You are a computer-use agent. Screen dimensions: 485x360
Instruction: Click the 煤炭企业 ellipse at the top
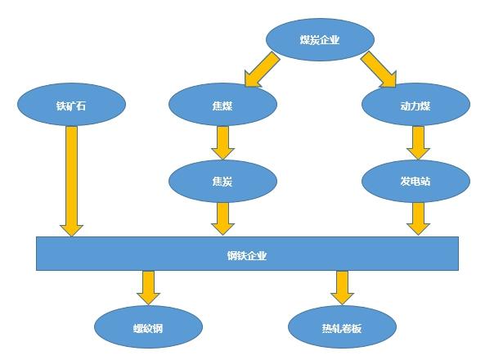320,39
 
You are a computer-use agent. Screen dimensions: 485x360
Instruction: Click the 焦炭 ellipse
222,181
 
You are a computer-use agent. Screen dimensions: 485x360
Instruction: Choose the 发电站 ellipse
415,181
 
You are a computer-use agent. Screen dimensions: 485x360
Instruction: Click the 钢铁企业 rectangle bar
247,254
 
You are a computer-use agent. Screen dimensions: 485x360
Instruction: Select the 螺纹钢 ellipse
149,327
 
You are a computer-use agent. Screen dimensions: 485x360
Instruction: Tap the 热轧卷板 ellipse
342,327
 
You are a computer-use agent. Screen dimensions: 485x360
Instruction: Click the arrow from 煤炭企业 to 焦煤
262,70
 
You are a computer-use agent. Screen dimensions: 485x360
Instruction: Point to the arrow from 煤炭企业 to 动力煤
379,70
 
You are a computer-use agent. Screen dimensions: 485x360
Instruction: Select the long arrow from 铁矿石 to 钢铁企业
71,181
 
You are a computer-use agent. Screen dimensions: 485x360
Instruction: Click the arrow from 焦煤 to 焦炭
222,142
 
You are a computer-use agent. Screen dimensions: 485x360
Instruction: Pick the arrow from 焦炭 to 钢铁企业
222,218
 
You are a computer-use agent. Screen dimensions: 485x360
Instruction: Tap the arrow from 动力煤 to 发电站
418,142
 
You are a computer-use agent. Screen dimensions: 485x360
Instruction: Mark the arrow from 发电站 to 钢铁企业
418,218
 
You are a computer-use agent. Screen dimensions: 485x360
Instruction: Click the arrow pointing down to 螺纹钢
149,287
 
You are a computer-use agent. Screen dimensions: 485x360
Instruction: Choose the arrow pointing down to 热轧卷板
342,287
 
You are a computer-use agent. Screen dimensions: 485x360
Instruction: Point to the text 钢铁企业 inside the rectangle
247,256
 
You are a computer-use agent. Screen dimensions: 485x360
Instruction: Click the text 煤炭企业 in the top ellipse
320,39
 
